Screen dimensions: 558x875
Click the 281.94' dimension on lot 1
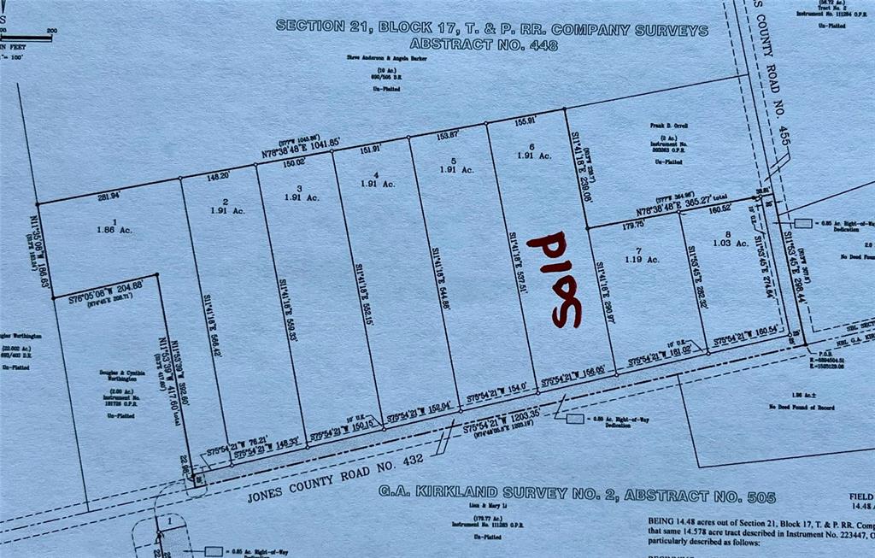[109, 197]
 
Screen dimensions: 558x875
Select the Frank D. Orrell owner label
[668, 134]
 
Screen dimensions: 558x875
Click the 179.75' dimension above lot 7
[633, 226]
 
